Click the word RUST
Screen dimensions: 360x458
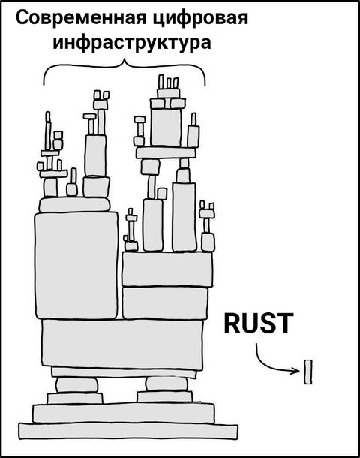[x=259, y=323]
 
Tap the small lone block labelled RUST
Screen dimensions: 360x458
[x=308, y=372]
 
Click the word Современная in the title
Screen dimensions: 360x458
[x=81, y=18]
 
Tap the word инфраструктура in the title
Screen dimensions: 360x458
[x=132, y=44]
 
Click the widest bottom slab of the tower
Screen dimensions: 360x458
[x=128, y=431]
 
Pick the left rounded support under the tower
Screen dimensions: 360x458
[x=77, y=385]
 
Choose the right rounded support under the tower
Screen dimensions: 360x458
[x=166, y=384]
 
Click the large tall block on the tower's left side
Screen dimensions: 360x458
[x=76, y=265]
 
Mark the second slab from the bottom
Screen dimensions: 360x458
[x=124, y=413]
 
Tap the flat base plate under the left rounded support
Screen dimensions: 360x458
[x=75, y=399]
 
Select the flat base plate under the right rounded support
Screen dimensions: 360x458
[x=165, y=397]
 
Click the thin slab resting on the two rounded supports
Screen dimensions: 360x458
[x=124, y=372]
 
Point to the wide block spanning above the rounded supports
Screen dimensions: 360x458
[x=122, y=344]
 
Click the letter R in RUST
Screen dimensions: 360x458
[x=232, y=323]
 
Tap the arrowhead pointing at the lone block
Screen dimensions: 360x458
[x=298, y=371]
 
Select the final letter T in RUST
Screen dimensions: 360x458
[x=285, y=323]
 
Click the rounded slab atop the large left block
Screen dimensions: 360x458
[x=75, y=204]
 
